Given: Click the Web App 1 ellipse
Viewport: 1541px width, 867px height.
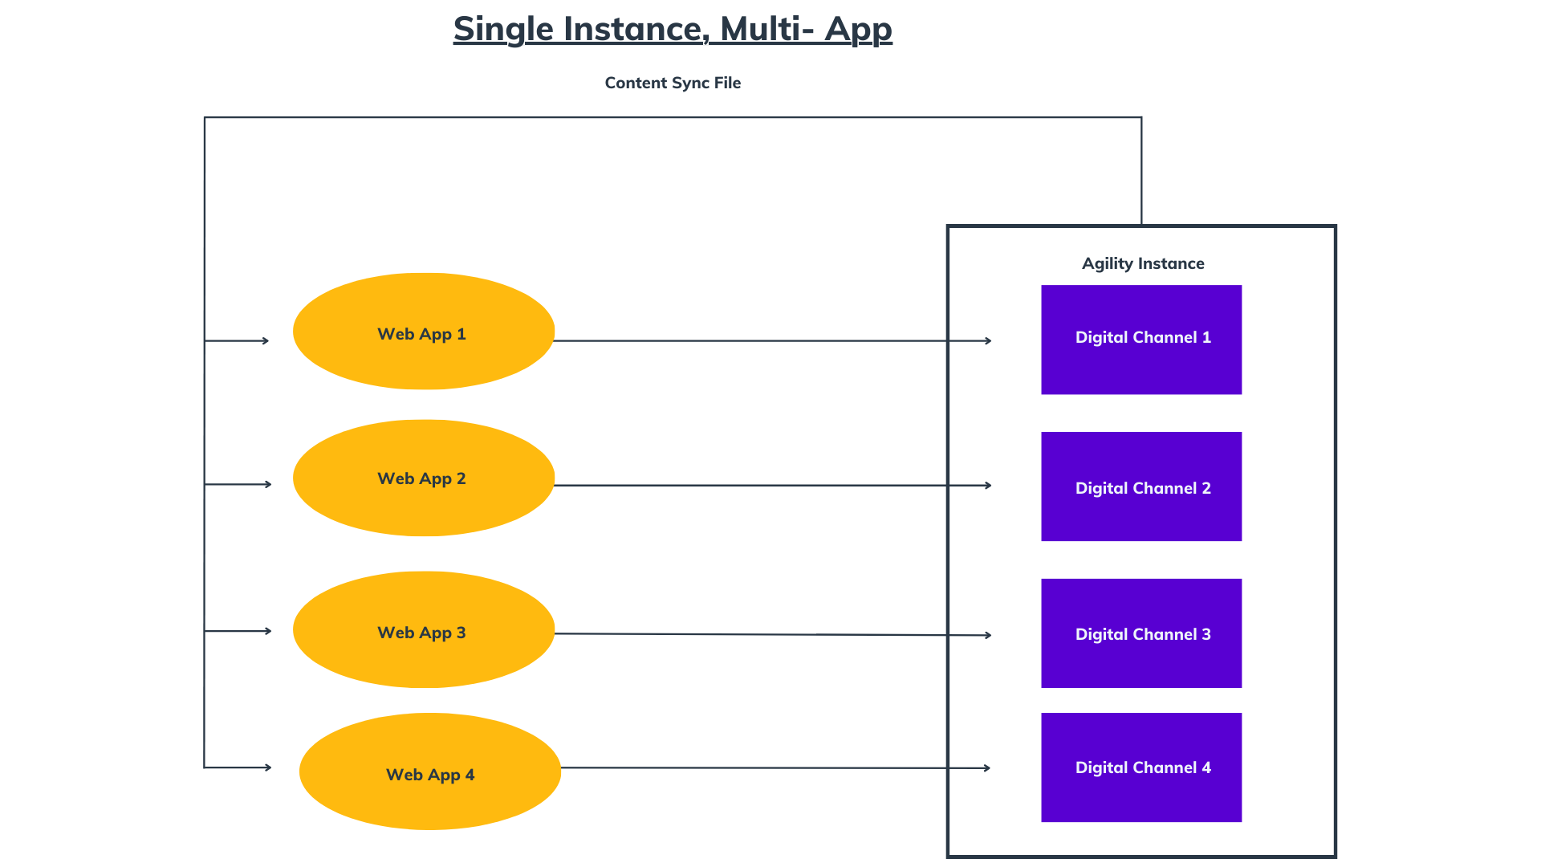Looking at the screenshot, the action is pos(424,332).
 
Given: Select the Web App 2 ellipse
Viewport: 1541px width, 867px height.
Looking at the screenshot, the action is pos(424,478).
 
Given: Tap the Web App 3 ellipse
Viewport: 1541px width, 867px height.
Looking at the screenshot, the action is pos(424,629).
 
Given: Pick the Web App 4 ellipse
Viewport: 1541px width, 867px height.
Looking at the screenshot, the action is pos(430,771).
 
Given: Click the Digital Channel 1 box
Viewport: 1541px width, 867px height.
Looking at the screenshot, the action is pos(1141,340).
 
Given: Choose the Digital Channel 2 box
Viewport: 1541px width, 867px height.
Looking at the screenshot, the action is pos(1141,486).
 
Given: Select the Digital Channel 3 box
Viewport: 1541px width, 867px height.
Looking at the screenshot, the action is pos(1141,633).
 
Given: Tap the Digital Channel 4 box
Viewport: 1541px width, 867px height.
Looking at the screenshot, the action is pos(1141,767).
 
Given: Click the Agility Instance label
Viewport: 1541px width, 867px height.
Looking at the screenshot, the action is pos(1143,264).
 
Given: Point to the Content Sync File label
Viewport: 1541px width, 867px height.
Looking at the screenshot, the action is pos(673,83).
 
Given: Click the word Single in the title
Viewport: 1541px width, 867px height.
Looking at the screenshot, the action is pos(504,30).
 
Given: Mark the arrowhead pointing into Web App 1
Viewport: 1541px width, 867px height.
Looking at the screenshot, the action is pos(266,341).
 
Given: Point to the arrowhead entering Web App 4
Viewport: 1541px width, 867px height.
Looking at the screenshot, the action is pos(268,767).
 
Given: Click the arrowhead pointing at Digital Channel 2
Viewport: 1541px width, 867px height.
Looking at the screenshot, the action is pos(988,486).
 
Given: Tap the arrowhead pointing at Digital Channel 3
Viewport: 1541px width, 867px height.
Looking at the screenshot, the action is pos(988,635).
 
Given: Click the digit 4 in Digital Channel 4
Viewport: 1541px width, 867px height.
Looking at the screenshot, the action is pos(1206,767).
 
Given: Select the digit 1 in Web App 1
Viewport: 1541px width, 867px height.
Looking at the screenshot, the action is pos(461,334).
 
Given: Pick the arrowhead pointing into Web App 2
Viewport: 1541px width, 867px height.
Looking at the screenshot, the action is pos(268,484).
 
